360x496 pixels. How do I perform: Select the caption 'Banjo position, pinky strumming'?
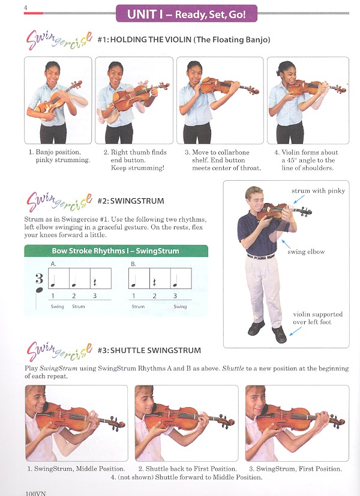[58, 156]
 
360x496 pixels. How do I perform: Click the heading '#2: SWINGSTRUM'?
[131, 201]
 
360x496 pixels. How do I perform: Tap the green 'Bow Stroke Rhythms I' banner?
[115, 251]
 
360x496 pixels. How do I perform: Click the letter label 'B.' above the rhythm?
[133, 264]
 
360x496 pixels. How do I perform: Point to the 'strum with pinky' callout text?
[318, 191]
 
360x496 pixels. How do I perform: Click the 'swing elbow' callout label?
[306, 252]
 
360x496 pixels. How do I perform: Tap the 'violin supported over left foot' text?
[317, 318]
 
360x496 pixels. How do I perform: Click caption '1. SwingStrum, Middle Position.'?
[76, 468]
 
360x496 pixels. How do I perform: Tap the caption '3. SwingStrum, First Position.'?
[295, 468]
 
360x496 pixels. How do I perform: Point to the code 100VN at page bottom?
[36, 492]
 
